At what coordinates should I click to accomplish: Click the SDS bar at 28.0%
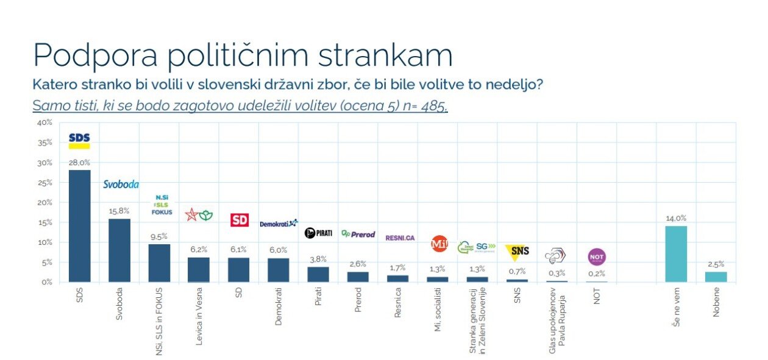pos(79,226)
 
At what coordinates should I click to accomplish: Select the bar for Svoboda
pos(119,250)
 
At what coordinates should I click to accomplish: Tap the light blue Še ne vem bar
pos(676,254)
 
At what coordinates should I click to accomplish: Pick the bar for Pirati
pos(318,274)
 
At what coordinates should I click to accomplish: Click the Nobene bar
pos(716,277)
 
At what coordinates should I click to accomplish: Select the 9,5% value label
pos(159,236)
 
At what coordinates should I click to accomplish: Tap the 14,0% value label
pos(676,218)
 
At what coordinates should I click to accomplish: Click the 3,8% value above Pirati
pos(318,258)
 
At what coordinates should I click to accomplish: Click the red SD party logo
pos(239,220)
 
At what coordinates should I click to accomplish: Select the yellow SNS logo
pos(517,250)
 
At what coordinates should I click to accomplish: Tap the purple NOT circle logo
pos(597,257)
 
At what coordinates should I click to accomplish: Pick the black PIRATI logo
pos(318,233)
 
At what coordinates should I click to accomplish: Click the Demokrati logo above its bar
pos(279,224)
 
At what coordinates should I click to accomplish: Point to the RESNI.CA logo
pos(400,238)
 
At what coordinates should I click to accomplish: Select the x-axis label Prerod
pos(358,300)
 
